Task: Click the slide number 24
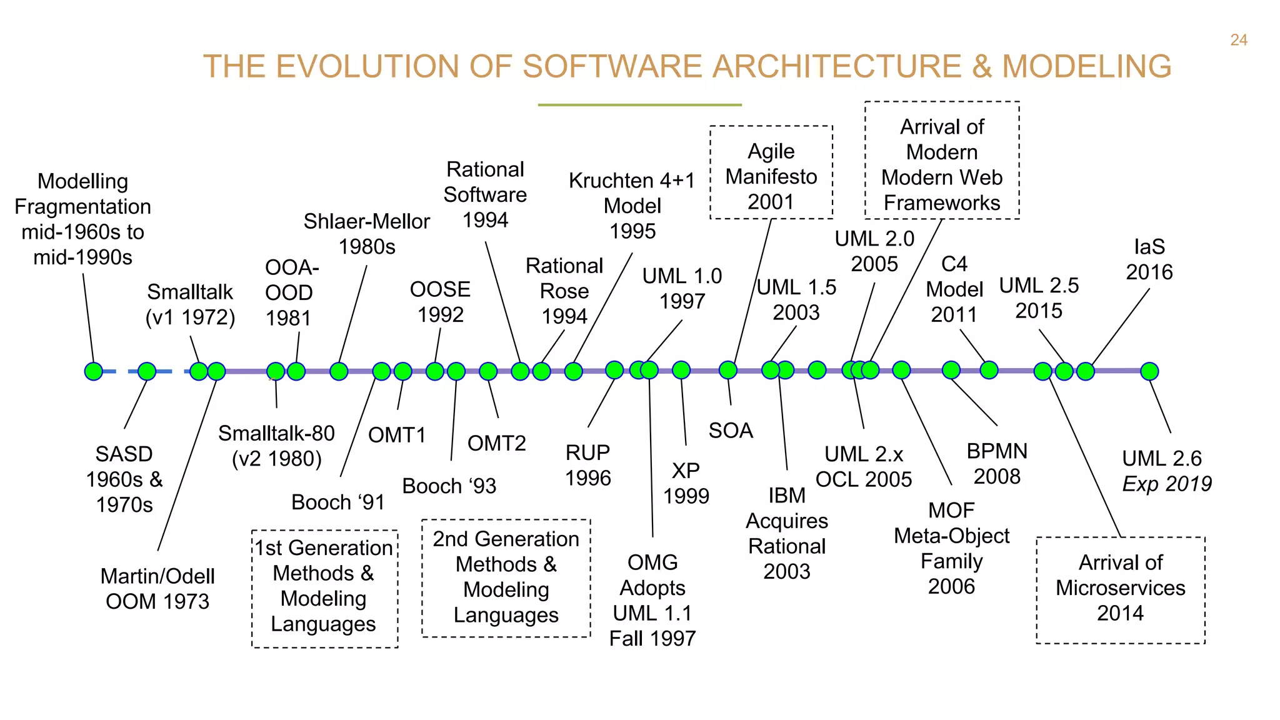[x=1238, y=40]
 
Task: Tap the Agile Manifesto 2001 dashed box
[x=771, y=173]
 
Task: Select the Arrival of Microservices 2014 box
[x=1120, y=589]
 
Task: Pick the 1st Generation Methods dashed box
[x=324, y=588]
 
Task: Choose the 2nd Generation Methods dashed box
[x=506, y=578]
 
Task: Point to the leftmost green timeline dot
[x=94, y=371]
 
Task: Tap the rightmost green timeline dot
[x=1149, y=371]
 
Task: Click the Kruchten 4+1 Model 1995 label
[x=632, y=206]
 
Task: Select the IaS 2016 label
[x=1149, y=259]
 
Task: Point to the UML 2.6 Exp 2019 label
[x=1166, y=471]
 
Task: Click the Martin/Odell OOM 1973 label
[x=157, y=588]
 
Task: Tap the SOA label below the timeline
[x=731, y=431]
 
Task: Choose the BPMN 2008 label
[x=997, y=464]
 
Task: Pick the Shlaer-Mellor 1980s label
[x=367, y=234]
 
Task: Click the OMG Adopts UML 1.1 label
[x=652, y=600]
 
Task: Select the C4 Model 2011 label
[x=954, y=289]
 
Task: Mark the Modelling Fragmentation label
[x=82, y=219]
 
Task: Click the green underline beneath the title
[x=639, y=105]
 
